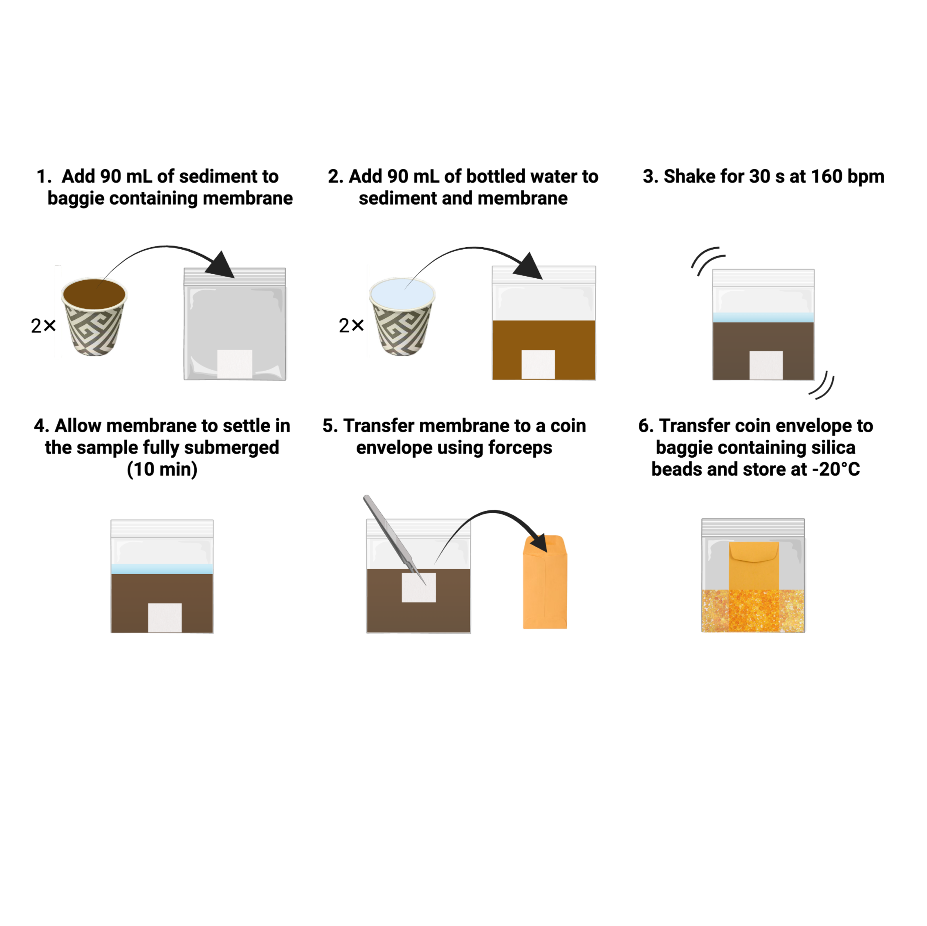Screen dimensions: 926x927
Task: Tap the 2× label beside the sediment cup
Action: click(x=43, y=326)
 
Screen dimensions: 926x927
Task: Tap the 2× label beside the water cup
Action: click(x=351, y=326)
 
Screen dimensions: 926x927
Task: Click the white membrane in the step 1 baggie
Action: click(x=235, y=364)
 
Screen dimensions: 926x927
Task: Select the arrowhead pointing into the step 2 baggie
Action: click(x=529, y=266)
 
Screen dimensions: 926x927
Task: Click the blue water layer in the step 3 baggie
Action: click(x=763, y=317)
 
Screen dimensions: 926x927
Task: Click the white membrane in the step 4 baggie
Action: click(x=164, y=617)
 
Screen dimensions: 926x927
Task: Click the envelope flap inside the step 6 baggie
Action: click(x=753, y=552)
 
